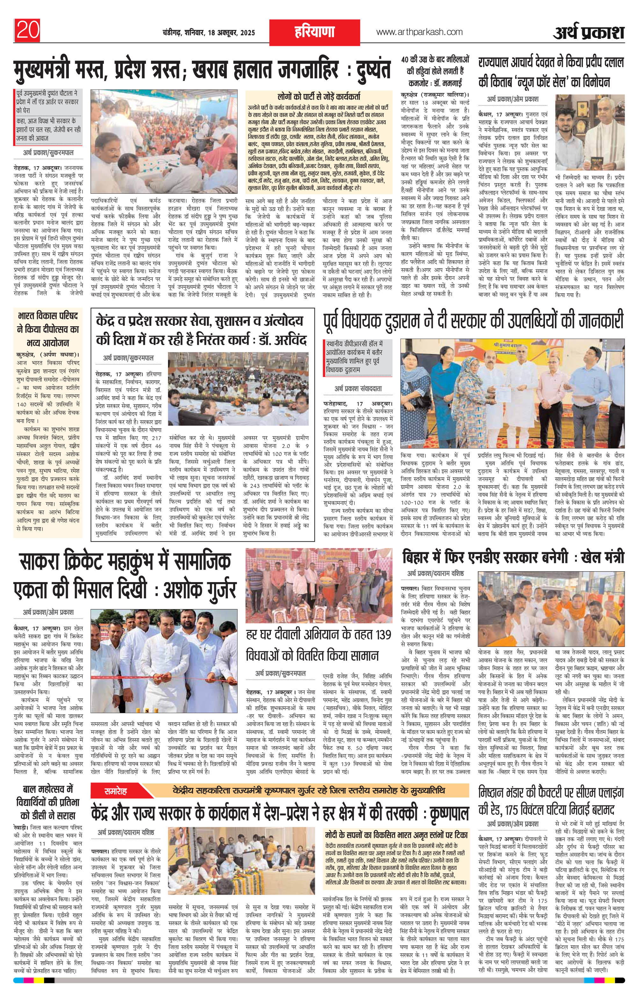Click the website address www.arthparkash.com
pyautogui.click(x=419, y=32)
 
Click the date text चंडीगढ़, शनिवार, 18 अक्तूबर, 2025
pyautogui.click(x=209, y=33)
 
